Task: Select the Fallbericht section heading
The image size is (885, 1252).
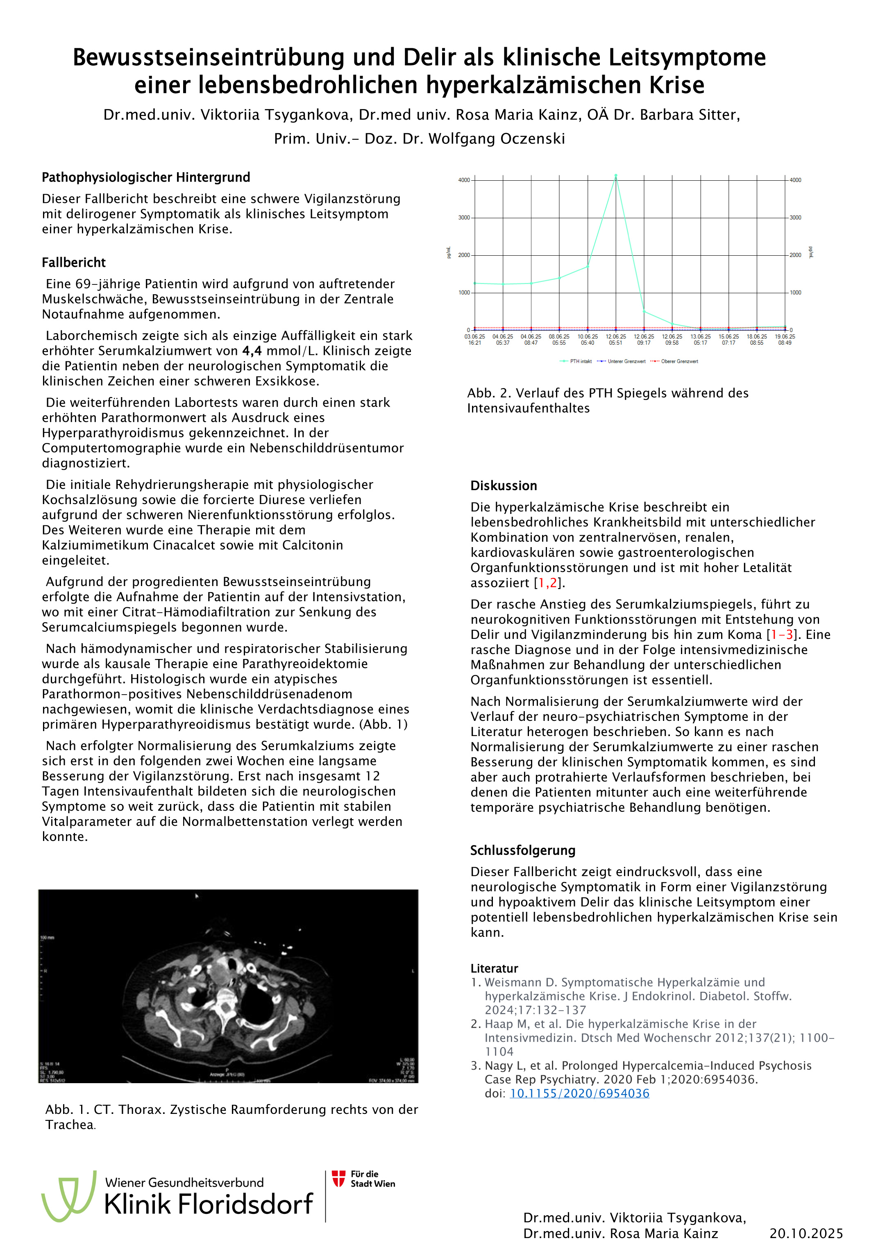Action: pyautogui.click(x=74, y=262)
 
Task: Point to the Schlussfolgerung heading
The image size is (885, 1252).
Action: pyautogui.click(x=522, y=850)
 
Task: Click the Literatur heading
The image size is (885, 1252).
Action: pyautogui.click(x=494, y=968)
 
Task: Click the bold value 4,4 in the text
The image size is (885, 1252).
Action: pyautogui.click(x=252, y=351)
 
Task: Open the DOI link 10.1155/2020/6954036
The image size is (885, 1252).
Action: pyautogui.click(x=579, y=1093)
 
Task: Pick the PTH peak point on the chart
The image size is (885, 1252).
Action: pyautogui.click(x=616, y=176)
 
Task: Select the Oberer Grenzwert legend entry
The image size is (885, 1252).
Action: pyautogui.click(x=675, y=361)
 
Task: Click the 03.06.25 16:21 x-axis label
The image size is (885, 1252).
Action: pyautogui.click(x=474, y=340)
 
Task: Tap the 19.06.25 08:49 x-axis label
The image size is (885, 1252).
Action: pyautogui.click(x=785, y=340)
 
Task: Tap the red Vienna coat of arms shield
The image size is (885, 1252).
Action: pyautogui.click(x=338, y=1178)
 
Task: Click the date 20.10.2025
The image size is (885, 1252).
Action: pyautogui.click(x=806, y=1234)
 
